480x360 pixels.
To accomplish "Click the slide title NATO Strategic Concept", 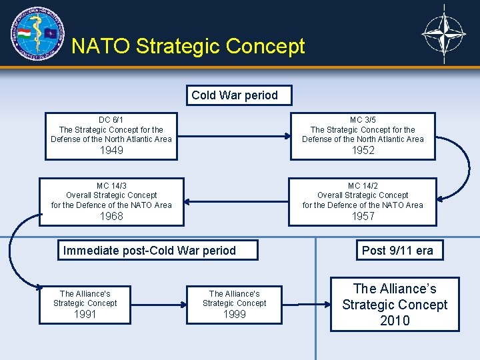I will [x=188, y=46].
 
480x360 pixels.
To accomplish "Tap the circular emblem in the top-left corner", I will [x=37, y=33].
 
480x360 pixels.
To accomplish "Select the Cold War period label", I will [x=235, y=95].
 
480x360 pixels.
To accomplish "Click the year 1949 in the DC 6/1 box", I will [x=111, y=151].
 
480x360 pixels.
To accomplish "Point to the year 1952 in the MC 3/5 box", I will [x=363, y=151].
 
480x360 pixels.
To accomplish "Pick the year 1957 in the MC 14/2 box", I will [x=363, y=216].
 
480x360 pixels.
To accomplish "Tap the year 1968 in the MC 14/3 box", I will [x=111, y=216].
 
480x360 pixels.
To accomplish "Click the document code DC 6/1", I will [x=111, y=120].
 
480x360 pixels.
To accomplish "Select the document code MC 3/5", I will [x=363, y=120].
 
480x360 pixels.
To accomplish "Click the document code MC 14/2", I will [x=363, y=186].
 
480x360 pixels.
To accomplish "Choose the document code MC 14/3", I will [x=111, y=186].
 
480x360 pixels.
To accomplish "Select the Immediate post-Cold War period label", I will [x=149, y=251].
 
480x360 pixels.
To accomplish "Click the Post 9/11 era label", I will [x=397, y=251].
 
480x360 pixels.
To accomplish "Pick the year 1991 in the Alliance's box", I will [x=85, y=314].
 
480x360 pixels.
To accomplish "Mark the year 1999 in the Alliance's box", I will [x=234, y=314].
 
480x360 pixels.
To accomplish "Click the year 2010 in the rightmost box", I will [x=395, y=321].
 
